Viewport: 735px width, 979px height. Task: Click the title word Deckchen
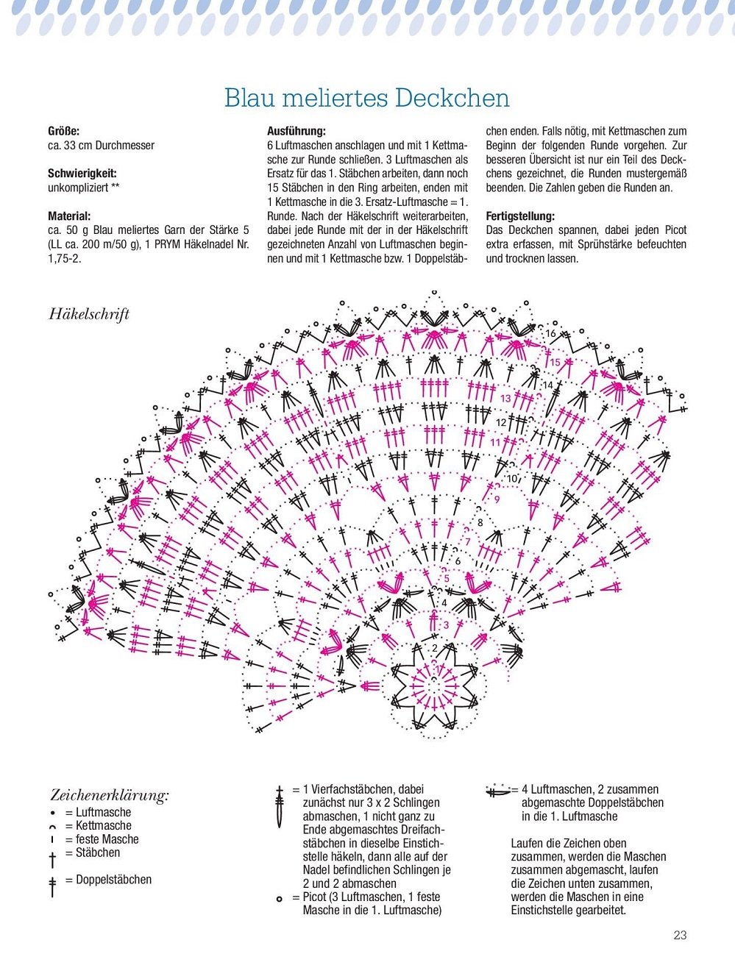452,98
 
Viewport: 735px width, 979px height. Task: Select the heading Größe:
64,131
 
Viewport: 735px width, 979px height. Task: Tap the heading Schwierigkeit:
82,174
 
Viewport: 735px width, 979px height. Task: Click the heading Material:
69,216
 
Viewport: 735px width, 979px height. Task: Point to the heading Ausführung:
297,131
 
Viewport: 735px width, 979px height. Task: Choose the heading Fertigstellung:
520,216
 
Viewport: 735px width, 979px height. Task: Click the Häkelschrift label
89,314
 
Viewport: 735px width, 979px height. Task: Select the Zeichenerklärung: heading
110,795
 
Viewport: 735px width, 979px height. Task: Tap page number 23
680,935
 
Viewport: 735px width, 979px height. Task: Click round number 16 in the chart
550,334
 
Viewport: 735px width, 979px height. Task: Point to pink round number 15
555,362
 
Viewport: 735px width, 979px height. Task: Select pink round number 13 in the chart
505,398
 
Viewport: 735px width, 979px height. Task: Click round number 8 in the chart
480,523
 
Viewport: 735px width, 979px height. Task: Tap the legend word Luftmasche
103,812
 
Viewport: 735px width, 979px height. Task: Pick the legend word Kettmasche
103,825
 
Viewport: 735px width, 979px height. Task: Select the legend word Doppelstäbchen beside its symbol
113,880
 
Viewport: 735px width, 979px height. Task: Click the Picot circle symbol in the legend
280,899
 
